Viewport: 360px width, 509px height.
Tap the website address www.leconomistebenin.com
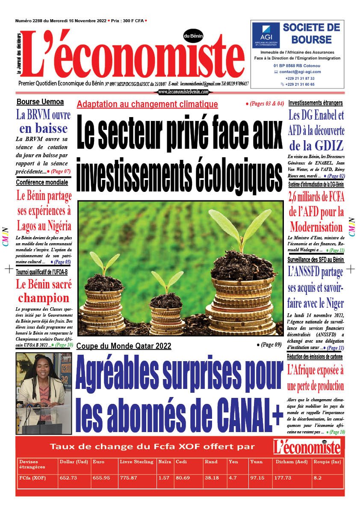click(183, 92)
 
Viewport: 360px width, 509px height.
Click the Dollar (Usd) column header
click(72, 462)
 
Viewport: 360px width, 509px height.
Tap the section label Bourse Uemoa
click(40, 102)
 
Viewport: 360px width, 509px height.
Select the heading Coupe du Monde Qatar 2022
click(124, 346)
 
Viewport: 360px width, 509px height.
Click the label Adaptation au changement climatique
click(148, 104)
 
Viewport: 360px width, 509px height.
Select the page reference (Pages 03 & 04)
click(265, 104)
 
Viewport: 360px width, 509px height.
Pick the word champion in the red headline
click(44, 297)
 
